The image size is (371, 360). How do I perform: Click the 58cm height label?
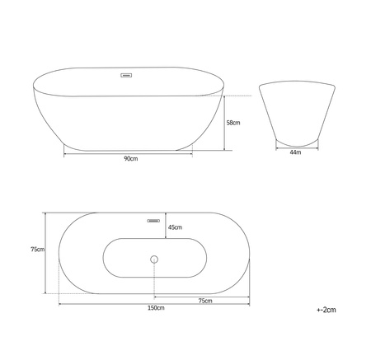click(233, 123)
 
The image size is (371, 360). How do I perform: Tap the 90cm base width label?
click(131, 159)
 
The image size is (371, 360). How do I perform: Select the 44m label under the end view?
click(295, 152)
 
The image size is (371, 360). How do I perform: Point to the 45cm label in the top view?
click(175, 227)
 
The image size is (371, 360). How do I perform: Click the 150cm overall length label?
click(156, 308)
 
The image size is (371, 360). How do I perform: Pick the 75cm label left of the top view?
click(38, 250)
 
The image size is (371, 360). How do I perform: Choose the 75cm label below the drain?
click(205, 301)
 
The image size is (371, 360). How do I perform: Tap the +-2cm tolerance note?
click(326, 310)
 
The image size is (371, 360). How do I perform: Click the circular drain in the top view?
click(154, 259)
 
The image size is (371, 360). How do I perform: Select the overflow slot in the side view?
click(126, 75)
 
